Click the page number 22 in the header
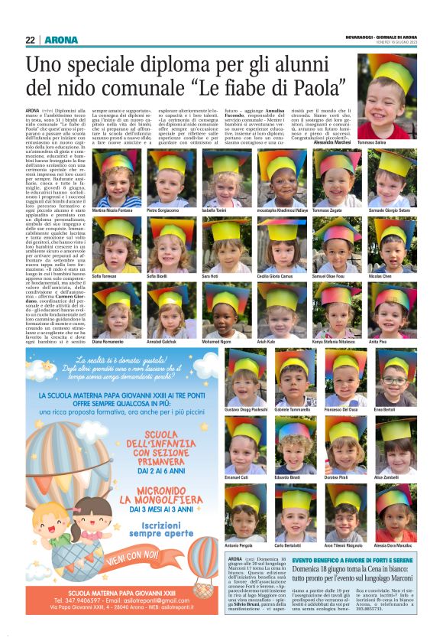pyautogui.click(x=30, y=40)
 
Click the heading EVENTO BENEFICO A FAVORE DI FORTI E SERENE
pyautogui.click(x=354, y=561)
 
